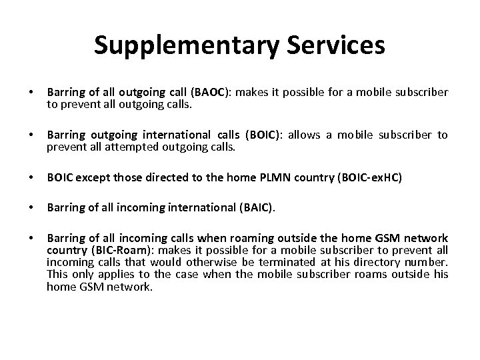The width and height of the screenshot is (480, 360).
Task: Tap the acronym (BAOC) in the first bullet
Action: (x=213, y=91)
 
